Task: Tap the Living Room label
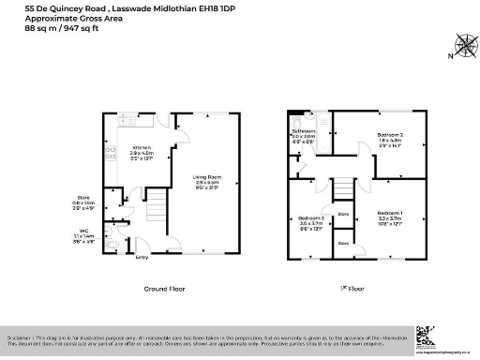(205, 175)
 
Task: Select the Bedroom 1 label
(391, 212)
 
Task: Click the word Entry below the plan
(142, 256)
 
